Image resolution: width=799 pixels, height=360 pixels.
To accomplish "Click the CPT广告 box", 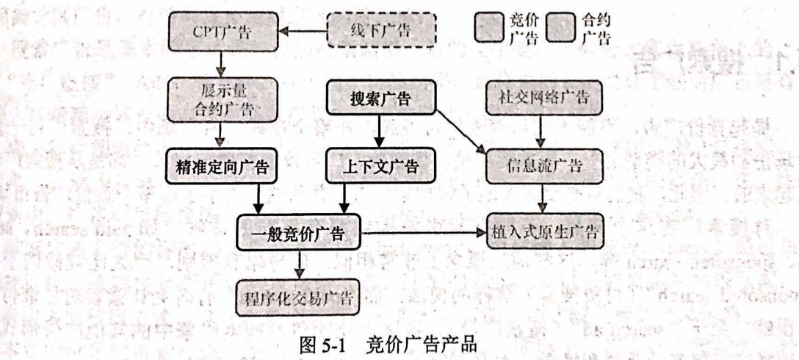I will [223, 32].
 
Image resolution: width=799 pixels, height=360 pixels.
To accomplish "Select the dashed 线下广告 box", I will [380, 32].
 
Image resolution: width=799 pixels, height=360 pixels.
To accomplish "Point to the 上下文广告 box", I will [380, 167].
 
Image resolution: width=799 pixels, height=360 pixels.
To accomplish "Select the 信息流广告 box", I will [543, 167].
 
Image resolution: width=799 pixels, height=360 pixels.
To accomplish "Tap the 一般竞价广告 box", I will [300, 234].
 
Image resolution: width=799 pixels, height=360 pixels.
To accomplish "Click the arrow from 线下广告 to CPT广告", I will [303, 32].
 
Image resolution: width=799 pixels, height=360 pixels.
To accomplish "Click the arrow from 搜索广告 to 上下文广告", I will [380, 133].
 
